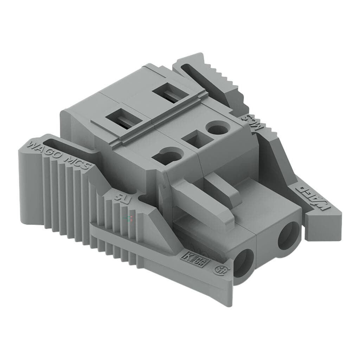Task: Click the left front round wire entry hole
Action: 244,262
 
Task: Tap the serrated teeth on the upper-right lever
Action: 225,78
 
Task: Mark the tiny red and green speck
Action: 130,219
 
